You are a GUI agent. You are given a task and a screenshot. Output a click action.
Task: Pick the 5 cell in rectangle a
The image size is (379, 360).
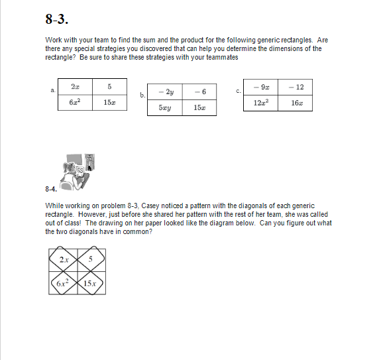coord(109,88)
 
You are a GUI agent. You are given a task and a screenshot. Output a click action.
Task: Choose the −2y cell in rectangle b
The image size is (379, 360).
coord(165,92)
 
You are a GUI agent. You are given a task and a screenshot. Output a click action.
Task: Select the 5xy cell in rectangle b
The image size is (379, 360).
coord(165,107)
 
